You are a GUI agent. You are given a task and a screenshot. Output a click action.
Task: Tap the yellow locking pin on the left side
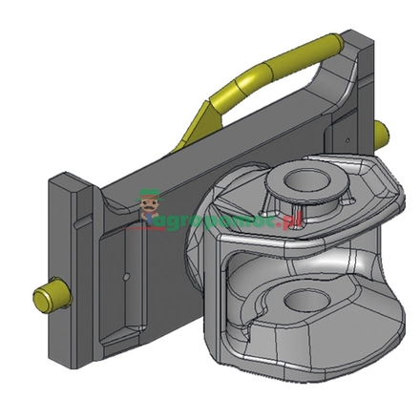[46, 291]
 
